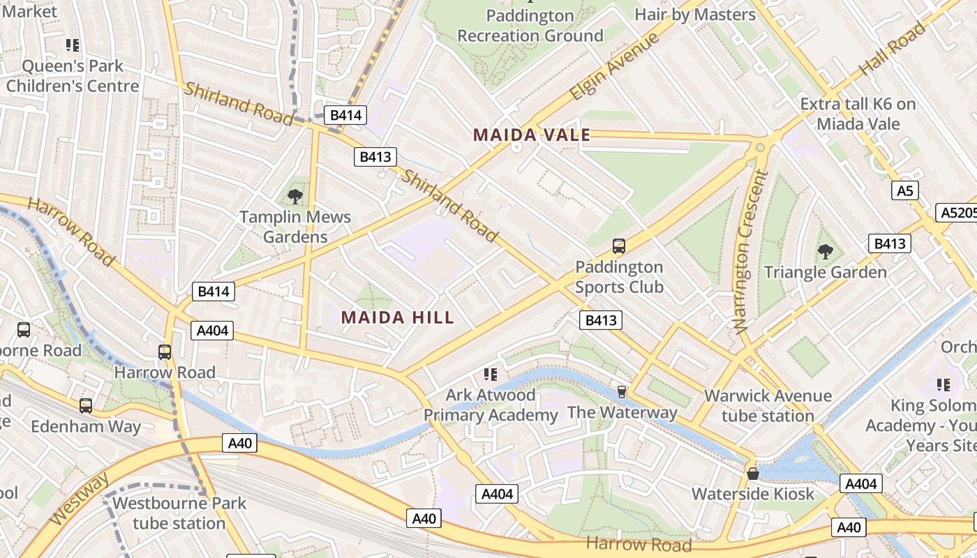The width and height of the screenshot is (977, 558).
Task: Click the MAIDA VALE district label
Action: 532,135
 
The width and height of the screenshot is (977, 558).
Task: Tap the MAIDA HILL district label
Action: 397,318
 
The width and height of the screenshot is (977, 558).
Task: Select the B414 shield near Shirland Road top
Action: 345,116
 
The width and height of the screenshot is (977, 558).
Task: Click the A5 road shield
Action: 904,191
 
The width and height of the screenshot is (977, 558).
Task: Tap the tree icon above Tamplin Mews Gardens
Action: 295,197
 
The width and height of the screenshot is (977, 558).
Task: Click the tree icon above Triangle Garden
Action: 825,251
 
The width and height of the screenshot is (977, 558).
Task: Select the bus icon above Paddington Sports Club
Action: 619,246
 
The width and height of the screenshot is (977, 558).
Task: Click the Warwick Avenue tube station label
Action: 768,406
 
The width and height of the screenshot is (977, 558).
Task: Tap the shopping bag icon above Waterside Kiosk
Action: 753,474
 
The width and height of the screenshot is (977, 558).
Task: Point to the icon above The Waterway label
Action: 621,391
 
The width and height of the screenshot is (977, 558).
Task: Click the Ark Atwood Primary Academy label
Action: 491,405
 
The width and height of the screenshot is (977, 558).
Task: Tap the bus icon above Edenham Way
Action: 85,405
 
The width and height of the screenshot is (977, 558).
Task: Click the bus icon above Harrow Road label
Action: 165,352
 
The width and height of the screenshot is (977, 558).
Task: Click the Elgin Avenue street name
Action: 614,66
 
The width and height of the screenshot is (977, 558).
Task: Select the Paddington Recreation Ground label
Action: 530,26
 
